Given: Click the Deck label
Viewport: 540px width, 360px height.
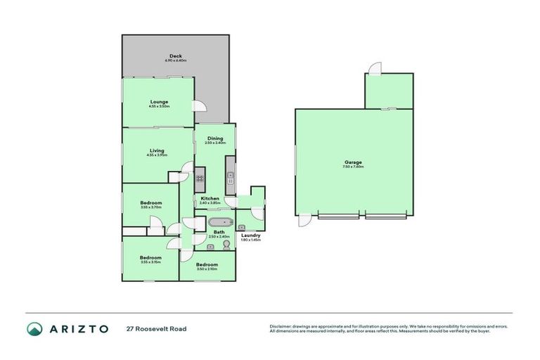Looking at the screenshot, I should point(176,56).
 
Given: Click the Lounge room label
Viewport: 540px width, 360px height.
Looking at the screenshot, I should point(158,102).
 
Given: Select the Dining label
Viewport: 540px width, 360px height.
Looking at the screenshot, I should point(214,139).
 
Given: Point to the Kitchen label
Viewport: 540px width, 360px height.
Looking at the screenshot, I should point(210,198).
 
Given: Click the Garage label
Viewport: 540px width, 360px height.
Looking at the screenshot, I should point(353,162).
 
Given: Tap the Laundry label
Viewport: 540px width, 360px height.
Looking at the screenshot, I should point(250,236).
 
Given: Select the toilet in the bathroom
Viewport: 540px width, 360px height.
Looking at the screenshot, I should point(226,245).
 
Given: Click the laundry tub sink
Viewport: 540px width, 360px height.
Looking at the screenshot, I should point(241,227).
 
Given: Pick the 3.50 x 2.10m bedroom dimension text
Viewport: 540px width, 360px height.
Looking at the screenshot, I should point(207,269).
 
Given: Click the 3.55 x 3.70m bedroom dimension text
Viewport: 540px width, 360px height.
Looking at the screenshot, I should point(151,207).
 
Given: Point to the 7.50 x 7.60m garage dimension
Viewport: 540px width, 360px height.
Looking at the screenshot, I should point(353,167).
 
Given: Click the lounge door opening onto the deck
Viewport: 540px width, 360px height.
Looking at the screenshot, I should point(199,105).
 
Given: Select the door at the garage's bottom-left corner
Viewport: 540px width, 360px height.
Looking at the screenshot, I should point(304,220).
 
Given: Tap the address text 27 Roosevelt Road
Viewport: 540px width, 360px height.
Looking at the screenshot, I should point(157,328).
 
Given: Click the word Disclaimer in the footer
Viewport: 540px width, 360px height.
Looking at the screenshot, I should point(281,326).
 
